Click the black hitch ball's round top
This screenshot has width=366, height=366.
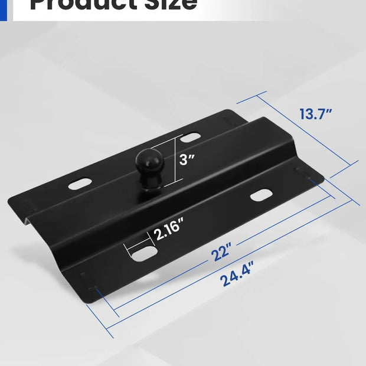coord(146,159)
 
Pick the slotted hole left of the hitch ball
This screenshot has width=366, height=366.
coord(80,184)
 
